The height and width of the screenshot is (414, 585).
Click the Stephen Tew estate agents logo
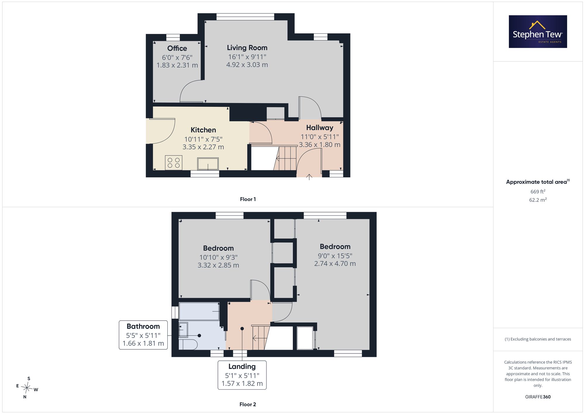click(538, 32)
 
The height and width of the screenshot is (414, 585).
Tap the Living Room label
click(247, 48)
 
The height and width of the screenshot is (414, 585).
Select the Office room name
click(177, 48)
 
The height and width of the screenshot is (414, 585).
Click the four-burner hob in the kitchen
click(173, 163)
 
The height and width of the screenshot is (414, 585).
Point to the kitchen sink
click(208, 164)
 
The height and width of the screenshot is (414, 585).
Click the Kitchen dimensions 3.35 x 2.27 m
click(203, 147)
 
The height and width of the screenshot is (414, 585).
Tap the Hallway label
click(320, 128)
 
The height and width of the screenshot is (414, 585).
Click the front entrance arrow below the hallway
click(309, 177)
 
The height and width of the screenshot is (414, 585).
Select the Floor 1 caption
click(248, 199)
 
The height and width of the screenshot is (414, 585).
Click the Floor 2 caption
click(248, 404)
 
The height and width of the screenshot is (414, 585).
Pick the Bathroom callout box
click(143, 335)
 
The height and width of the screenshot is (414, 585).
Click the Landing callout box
click(242, 375)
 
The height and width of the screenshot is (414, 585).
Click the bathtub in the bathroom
click(199, 311)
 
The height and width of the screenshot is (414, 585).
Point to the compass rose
click(27, 388)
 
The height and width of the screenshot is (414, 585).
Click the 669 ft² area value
click(538, 192)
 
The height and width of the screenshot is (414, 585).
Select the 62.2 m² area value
click(538, 200)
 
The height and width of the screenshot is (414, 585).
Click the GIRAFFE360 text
click(538, 397)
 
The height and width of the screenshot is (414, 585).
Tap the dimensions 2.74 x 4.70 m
click(335, 264)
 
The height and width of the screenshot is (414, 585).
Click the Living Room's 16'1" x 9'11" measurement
click(247, 57)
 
